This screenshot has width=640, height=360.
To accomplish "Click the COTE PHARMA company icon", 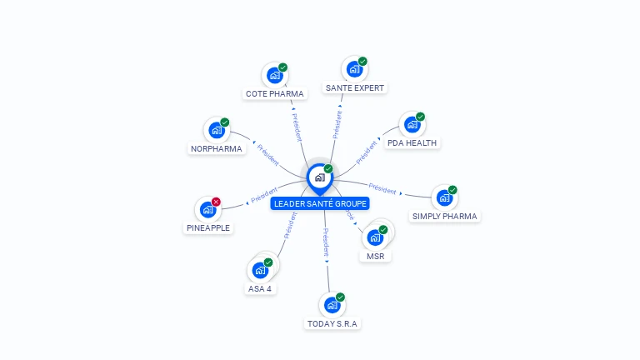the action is point(274,75).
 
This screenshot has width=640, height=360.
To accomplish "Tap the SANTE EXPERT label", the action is point(356,87).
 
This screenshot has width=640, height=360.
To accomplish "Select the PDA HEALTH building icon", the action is point(412,125).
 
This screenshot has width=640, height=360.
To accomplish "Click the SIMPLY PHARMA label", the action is point(445,216).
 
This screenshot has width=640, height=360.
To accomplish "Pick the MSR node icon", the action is point(375,237).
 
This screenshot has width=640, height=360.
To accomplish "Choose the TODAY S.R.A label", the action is point(332,323).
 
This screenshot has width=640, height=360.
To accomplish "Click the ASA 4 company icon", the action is point(260,271).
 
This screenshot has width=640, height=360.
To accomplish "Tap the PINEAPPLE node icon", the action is point(207,210).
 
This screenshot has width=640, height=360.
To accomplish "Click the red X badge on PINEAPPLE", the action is point(216,202).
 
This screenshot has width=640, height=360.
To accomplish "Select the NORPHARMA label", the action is point(216,149).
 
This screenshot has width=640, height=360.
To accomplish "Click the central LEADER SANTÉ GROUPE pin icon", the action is point(319,177).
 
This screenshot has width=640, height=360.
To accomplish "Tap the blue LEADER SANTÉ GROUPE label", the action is point(320,203).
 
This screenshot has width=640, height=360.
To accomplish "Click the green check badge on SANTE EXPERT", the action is point(362,62).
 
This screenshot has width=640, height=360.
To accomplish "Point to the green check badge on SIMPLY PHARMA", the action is point(452,190).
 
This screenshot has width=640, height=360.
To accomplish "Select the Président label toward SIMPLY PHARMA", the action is point(382,188).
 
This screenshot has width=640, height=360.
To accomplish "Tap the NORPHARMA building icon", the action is point(217,130).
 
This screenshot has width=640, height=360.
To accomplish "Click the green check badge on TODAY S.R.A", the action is point(340,297).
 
